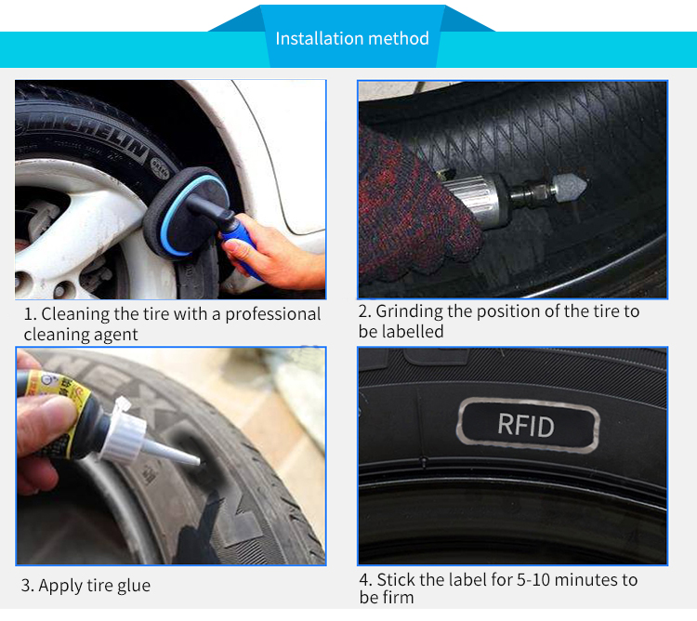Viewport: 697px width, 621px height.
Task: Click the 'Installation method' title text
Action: [x=352, y=39]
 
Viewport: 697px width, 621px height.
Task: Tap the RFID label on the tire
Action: [x=528, y=426]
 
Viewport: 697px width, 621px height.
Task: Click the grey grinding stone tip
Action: [x=570, y=187]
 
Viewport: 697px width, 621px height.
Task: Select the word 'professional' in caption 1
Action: [x=272, y=314]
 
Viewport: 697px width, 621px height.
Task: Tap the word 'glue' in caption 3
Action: [x=134, y=586]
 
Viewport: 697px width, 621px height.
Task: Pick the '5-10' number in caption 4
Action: [x=533, y=580]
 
